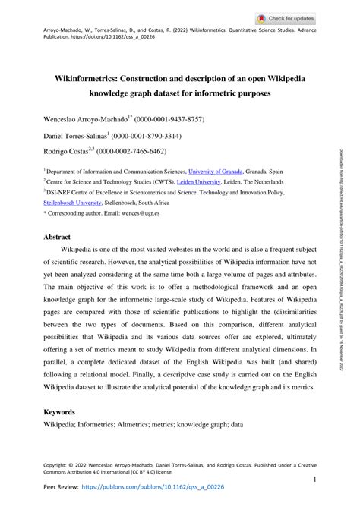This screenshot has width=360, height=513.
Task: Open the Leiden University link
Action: pos(212,182)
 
